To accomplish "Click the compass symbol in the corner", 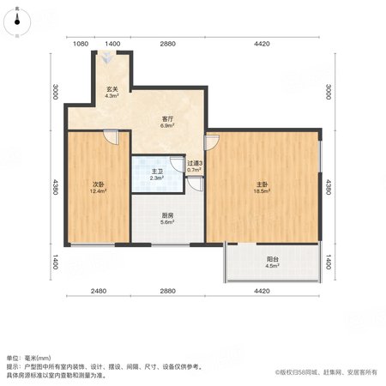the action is (17, 22).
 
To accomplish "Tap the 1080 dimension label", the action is (81, 44).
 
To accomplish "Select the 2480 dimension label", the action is (99, 291).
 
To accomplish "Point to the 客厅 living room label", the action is (167, 118).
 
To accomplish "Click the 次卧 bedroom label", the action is (98, 184).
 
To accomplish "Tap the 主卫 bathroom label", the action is (157, 172).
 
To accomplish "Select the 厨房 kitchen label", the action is (167, 215).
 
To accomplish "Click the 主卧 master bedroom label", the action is (262, 184).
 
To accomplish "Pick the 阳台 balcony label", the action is (273, 259).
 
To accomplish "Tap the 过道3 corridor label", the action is (195, 163).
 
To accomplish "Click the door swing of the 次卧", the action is (111, 137).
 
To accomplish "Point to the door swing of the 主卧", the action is (212, 142).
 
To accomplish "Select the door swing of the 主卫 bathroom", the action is (178, 164).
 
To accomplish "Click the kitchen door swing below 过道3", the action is (196, 184).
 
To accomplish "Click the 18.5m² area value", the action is (262, 191).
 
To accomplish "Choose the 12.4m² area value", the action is (98, 191).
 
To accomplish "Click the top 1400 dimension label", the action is (112, 44).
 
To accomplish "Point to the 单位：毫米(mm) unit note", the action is (28, 358).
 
